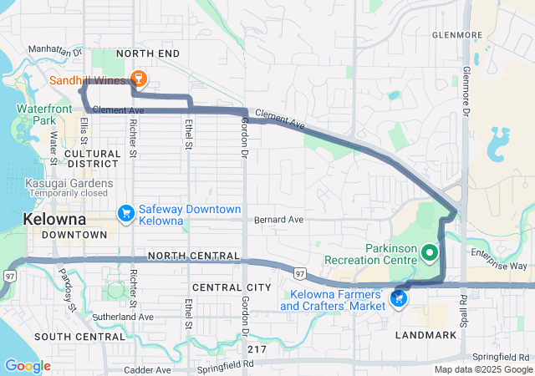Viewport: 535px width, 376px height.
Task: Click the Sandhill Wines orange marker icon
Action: [138, 79]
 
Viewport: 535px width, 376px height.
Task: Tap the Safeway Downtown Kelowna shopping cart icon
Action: [125, 215]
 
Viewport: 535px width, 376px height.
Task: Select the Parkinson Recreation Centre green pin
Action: [430, 252]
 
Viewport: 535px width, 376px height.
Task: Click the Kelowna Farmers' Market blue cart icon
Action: [399, 298]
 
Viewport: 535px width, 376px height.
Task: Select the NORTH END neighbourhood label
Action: [148, 53]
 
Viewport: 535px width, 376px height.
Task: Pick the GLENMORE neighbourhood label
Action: [457, 35]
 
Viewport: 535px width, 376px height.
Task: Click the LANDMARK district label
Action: [428, 335]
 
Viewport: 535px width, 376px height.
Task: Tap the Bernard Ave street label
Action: [279, 220]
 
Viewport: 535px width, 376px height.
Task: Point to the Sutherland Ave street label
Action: [124, 318]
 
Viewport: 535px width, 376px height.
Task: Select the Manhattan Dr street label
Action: [55, 50]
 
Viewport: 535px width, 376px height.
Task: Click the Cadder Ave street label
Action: [147, 369]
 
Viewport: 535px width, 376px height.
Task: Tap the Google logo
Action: [27, 366]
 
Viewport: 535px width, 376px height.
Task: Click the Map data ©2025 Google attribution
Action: [482, 370]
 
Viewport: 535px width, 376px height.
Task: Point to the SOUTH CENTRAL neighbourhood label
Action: [79, 337]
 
